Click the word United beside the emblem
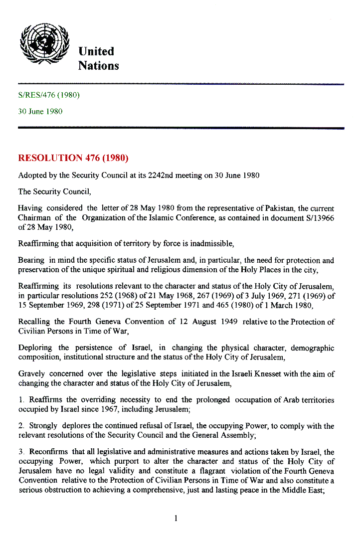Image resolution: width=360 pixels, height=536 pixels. pos(96,51)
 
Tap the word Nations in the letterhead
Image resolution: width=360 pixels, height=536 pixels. pos(99,66)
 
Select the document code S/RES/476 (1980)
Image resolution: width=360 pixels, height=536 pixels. pos(49,95)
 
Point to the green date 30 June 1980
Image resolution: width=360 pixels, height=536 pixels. pos(40,111)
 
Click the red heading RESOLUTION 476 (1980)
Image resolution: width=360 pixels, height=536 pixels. pos(73,159)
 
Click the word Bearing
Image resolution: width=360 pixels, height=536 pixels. pos(31,260)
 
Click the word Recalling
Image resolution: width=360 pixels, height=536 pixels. pos(34,321)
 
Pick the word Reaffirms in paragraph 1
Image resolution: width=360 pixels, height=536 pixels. pos(46,400)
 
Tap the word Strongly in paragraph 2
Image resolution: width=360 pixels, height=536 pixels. pos(43,426)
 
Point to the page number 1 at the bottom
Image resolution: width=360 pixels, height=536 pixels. pos(176,519)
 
